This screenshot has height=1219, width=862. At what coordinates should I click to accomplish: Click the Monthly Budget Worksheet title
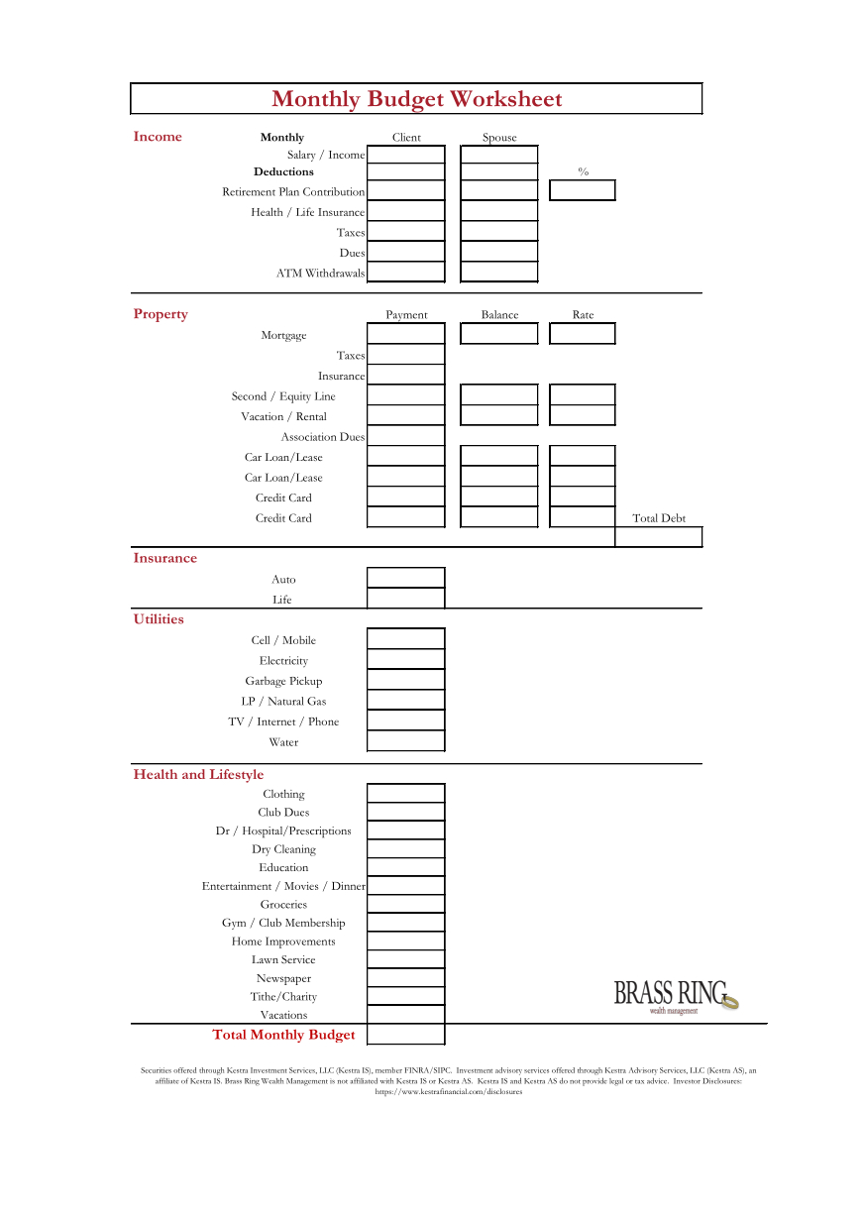pos(416,99)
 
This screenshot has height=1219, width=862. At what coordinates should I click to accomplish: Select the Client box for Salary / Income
pos(406,155)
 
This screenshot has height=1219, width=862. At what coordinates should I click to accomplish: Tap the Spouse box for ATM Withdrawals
pos(499,273)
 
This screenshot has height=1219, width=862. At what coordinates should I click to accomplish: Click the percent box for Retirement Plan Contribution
pos(583,190)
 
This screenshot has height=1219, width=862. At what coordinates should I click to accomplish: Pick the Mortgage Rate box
pos(583,334)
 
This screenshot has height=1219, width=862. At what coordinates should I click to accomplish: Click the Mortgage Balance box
pos(499,334)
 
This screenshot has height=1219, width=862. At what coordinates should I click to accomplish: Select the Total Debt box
pos(659,537)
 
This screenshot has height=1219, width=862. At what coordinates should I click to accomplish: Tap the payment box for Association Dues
pos(406,436)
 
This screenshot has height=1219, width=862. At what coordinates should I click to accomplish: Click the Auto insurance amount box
pos(406,578)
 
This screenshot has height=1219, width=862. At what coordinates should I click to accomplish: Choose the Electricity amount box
pos(406,660)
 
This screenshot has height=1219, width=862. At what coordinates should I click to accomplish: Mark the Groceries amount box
pos(406,904)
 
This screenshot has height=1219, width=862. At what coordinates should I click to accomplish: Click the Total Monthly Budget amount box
pos(406,1035)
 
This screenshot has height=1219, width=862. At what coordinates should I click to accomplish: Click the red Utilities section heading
pos(159,619)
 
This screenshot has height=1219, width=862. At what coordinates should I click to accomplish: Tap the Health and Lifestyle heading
pos(198,775)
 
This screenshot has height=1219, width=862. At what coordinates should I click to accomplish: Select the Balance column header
pos(499,315)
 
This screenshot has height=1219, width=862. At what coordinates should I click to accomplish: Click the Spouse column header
pos(499,138)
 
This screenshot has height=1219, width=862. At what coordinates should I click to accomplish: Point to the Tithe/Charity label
pos(283,997)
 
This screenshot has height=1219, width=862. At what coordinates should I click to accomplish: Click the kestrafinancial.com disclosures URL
pos(448,1091)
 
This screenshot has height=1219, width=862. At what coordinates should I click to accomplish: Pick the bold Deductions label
pos(283,171)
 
